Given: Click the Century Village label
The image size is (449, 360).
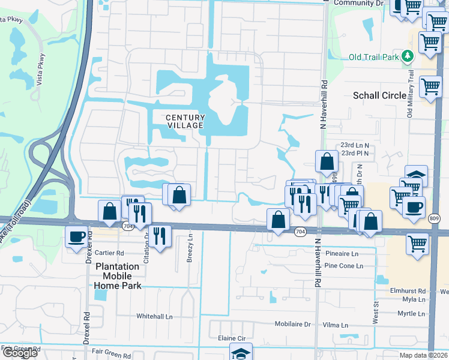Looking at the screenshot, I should tap(185, 121).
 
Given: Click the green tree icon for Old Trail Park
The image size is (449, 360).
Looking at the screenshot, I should tap(408, 56).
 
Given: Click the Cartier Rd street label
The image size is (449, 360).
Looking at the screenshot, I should tap(109, 253).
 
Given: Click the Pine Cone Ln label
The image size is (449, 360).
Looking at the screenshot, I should tap(341, 265).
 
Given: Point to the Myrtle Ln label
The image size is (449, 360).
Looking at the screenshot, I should tap(411, 314).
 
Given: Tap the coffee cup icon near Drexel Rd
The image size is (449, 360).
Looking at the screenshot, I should tap(77, 237).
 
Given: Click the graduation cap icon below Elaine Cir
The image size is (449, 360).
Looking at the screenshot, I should tap(241, 353).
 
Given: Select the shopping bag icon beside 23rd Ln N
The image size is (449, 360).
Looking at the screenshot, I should tap(327, 161).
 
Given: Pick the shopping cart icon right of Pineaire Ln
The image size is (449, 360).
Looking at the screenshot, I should tap(417, 244).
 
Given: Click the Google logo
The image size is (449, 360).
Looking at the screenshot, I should tap(19, 353).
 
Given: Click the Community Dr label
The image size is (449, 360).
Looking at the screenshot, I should tap(358, 3).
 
